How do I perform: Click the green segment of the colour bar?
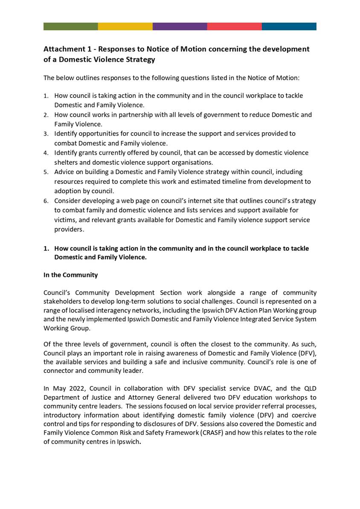70,26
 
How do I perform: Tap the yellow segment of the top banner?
125,26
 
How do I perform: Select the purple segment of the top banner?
180,26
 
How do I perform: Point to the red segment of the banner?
234,26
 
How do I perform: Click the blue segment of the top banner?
289,26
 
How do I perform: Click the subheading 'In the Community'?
70,275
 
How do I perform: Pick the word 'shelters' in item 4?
67,163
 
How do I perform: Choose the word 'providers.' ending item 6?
70,230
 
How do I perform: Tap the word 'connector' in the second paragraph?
58,371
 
